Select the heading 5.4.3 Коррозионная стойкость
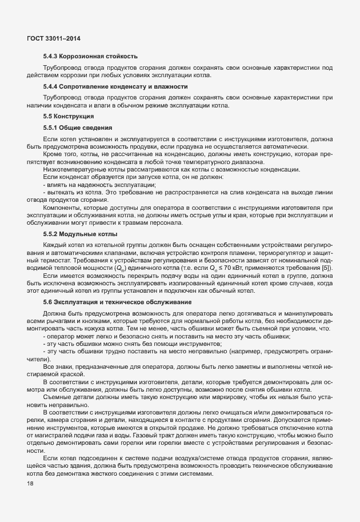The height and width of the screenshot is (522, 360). pyautogui.click(x=90, y=56)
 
